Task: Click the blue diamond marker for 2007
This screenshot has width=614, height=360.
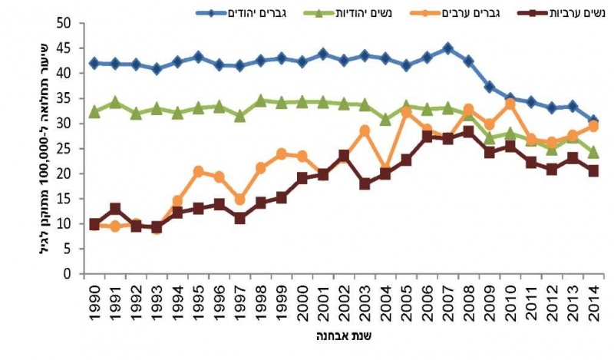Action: pyautogui.click(x=448, y=48)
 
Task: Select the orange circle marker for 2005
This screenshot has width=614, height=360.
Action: pyautogui.click(x=407, y=112)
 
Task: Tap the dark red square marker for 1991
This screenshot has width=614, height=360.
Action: pyautogui.click(x=115, y=209)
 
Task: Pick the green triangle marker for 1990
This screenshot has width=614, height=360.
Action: pyautogui.click(x=94, y=111)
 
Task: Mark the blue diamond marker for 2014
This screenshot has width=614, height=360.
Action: pyautogui.click(x=593, y=121)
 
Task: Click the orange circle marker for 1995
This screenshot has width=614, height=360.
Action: pyautogui.click(x=199, y=171)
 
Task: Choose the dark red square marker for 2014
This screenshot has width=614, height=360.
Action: pyautogui.click(x=593, y=171)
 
